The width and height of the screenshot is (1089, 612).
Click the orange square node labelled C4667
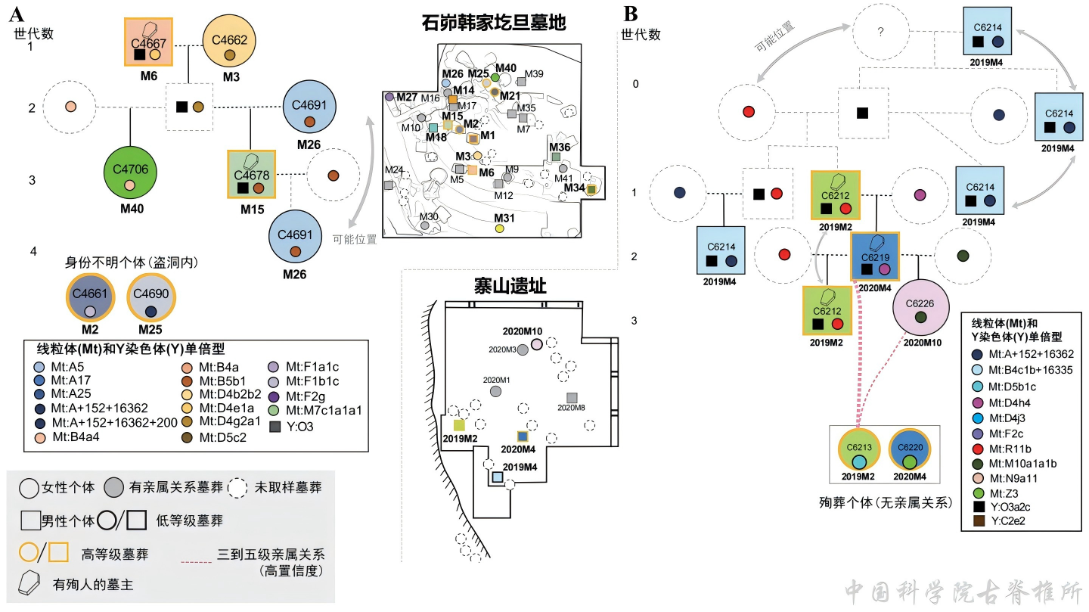148,42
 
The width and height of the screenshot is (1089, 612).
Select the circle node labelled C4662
230,42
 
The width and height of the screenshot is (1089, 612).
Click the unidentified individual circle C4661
90,299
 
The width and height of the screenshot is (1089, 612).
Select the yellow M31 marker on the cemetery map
499,228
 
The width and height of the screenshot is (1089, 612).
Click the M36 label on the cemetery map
560,147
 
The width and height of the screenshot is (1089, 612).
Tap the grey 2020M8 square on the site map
572,398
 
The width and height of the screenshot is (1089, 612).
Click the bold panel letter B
631,13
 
